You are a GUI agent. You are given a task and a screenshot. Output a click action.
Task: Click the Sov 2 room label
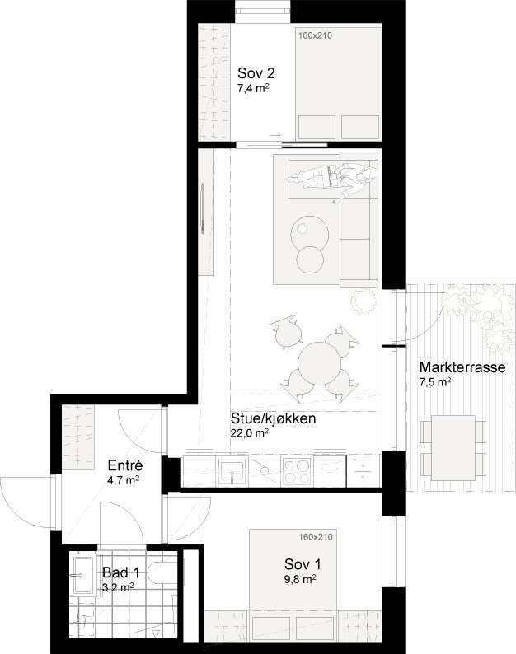[x=256, y=73]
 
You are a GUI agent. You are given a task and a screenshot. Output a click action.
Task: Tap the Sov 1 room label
[x=303, y=564]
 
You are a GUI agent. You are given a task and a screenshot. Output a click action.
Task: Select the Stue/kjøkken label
[x=273, y=418]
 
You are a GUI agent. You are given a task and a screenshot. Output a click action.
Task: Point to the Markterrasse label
[x=462, y=367]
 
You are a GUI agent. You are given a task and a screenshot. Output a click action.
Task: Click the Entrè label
[x=125, y=465]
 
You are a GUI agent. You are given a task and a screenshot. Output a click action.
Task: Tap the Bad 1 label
[x=120, y=572]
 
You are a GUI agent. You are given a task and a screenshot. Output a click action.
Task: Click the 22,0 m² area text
[x=249, y=432]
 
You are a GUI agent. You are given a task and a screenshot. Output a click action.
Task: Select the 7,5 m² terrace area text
[x=434, y=381]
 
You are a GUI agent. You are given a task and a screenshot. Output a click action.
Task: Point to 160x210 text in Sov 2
[x=315, y=35]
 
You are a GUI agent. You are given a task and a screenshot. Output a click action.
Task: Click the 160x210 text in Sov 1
[x=316, y=536]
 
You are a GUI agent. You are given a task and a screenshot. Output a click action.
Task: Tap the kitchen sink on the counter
[x=232, y=470]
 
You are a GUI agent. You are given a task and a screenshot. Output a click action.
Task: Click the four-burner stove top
[x=297, y=470]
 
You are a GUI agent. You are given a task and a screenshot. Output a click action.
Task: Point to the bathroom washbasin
[x=82, y=575]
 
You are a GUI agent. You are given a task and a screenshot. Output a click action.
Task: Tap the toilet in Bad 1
[x=163, y=573]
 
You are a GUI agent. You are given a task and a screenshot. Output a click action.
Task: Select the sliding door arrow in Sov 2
[x=276, y=135]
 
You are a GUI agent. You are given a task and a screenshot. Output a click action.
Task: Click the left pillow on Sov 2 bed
[x=317, y=127]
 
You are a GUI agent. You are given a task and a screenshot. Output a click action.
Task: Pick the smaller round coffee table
[x=310, y=259]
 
